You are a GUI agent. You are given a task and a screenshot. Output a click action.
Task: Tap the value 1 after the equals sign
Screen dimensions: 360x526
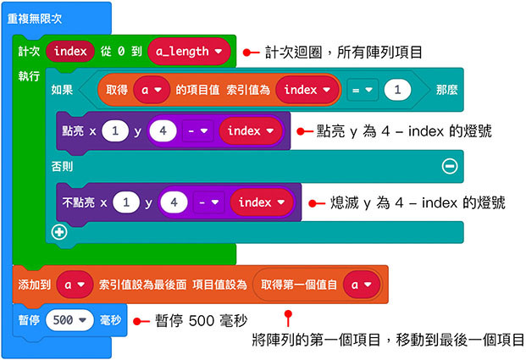[x=396, y=89]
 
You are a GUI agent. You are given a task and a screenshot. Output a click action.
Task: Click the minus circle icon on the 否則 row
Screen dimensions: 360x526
[x=450, y=166]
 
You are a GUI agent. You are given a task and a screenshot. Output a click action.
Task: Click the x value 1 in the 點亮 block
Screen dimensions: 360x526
[x=114, y=131]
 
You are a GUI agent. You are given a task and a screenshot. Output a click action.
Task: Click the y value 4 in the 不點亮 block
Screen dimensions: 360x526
[x=173, y=202]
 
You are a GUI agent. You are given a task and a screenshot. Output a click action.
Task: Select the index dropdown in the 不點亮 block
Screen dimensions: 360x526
[x=259, y=202]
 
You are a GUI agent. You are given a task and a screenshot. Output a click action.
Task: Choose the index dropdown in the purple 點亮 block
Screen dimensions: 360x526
[x=250, y=131]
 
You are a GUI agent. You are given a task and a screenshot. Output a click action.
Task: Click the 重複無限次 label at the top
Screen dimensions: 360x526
[x=41, y=18]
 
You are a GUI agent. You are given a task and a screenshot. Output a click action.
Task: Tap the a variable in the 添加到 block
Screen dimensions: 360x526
[x=75, y=285]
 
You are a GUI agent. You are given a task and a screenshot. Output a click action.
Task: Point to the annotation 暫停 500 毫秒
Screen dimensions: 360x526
[x=201, y=321]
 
